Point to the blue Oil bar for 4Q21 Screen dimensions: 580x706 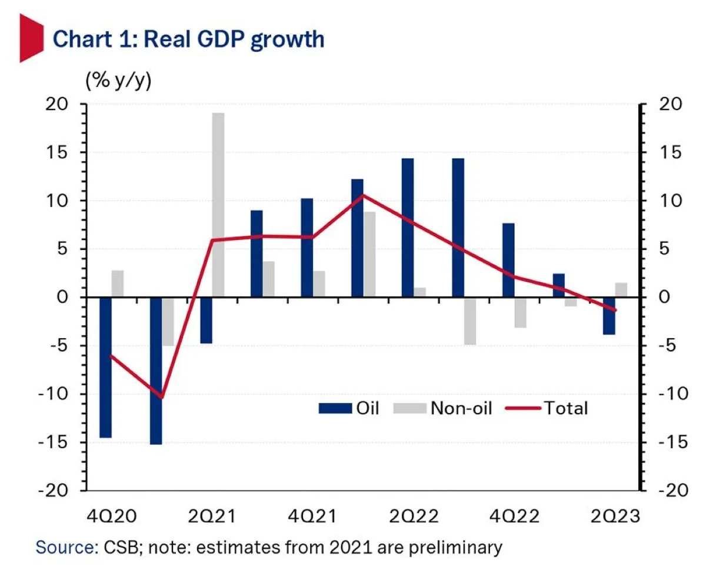coord(307,248)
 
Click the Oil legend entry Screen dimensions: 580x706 coord(349,408)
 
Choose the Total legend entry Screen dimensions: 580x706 coord(547,408)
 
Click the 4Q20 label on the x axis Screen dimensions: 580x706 coord(112,517)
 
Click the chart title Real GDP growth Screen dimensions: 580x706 coord(188,39)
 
